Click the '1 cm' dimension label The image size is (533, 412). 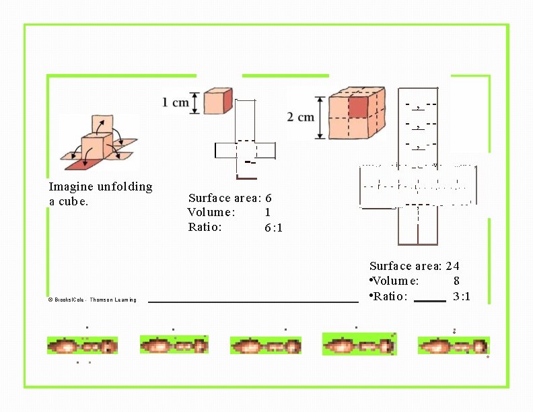click(175, 103)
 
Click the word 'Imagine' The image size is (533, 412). click(71, 186)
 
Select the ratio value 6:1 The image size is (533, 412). click(273, 228)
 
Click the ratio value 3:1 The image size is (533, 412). click(462, 296)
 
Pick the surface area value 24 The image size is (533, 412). click(452, 266)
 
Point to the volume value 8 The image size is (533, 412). click(456, 281)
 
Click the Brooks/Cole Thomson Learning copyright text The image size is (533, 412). click(92, 300)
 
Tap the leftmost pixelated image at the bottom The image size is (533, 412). click(82, 346)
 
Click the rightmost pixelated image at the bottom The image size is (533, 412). click(453, 345)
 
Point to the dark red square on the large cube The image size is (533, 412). click(358, 106)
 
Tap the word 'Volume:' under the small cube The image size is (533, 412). click(211, 213)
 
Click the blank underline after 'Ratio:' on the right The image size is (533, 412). click(429, 300)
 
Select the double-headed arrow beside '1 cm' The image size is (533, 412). click(195, 103)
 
